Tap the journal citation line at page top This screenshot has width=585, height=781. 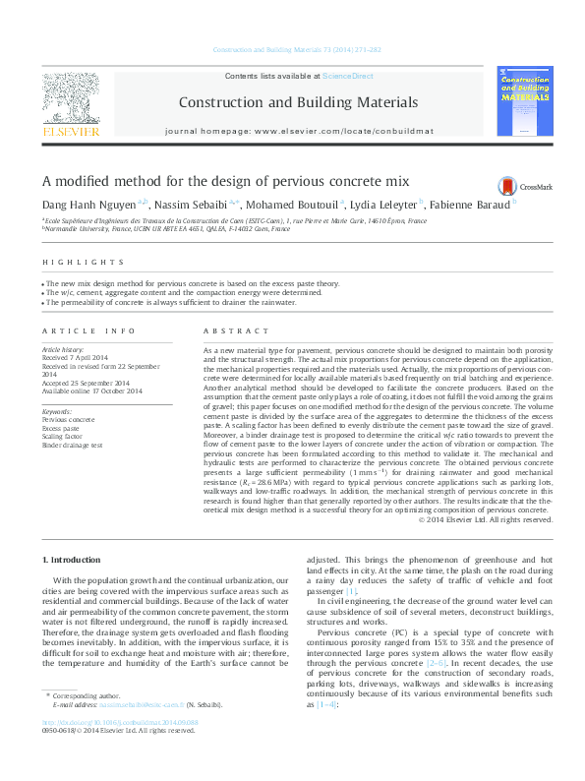pos(292,49)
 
